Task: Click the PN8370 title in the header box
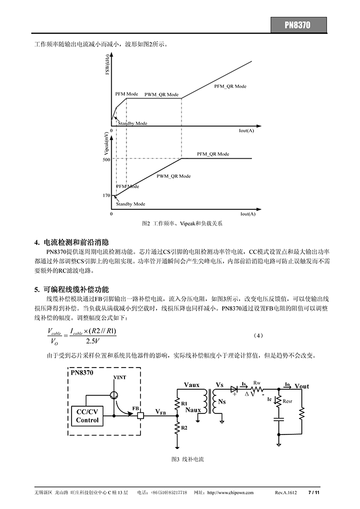click(297, 25)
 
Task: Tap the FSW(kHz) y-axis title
click(107, 65)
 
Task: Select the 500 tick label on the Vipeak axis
click(106, 160)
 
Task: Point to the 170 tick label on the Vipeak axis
click(106, 195)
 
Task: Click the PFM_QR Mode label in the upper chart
click(230, 86)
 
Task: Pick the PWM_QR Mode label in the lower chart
click(174, 176)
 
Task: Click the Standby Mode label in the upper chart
click(133, 123)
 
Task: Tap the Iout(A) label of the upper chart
click(246, 131)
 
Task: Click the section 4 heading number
click(37, 243)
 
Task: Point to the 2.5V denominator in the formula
click(93, 341)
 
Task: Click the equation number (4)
click(258, 336)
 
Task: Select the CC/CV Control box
click(87, 416)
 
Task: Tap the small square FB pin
click(140, 415)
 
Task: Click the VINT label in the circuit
click(120, 377)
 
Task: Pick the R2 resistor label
click(184, 428)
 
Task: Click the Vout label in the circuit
click(302, 386)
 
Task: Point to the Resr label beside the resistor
click(287, 401)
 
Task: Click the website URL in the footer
click(230, 493)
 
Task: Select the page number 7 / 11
click(314, 493)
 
